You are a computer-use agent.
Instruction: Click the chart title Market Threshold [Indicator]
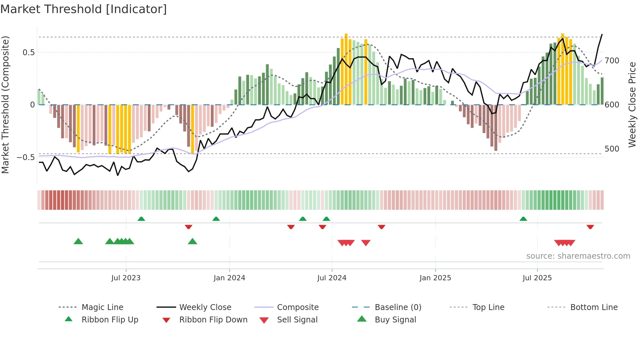click(84, 9)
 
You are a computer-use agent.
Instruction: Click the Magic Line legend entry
click(102, 307)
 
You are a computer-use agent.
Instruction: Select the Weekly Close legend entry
click(205, 307)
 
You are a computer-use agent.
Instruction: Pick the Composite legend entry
click(297, 307)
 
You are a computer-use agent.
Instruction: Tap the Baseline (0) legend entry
click(398, 307)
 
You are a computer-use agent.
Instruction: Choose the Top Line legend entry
click(488, 307)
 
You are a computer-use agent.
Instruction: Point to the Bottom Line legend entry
click(594, 307)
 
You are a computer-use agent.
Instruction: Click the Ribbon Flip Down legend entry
click(213, 320)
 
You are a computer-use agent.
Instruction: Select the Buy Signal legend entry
click(395, 320)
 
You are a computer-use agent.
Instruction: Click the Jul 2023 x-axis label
click(126, 278)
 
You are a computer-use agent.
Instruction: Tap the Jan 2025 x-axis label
click(435, 278)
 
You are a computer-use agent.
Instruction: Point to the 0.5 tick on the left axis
click(29, 53)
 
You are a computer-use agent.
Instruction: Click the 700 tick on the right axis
click(612, 61)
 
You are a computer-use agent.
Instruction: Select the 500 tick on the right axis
click(612, 149)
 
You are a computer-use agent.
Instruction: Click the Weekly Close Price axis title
click(632, 105)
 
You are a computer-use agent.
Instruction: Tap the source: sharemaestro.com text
click(578, 256)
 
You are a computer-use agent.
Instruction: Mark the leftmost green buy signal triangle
click(78, 241)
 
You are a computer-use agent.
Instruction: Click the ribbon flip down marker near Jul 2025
click(590, 227)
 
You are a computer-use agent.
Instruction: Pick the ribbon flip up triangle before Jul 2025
click(523, 219)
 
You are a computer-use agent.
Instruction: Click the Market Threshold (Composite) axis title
click(5, 105)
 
